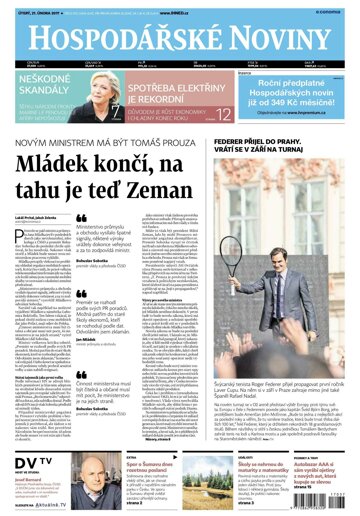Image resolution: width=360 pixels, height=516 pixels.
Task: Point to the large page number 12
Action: point(223,118)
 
